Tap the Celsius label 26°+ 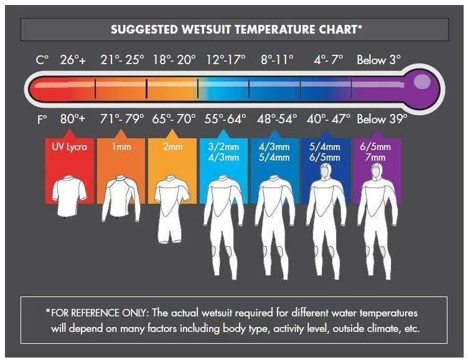pyautogui.click(x=73, y=60)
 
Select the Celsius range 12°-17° pyautogui.click(x=227, y=60)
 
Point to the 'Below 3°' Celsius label pyautogui.click(x=378, y=60)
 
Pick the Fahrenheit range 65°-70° pyautogui.click(x=174, y=118)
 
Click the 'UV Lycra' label pyautogui.click(x=70, y=147)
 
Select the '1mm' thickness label pyautogui.click(x=121, y=147)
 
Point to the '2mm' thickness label pyautogui.click(x=172, y=147)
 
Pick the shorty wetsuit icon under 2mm pyautogui.click(x=171, y=209)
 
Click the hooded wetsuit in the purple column pyautogui.click(x=377, y=218)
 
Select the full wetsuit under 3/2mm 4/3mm pyautogui.click(x=223, y=224)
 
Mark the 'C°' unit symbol pyautogui.click(x=42, y=60)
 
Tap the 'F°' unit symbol pyautogui.click(x=42, y=118)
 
